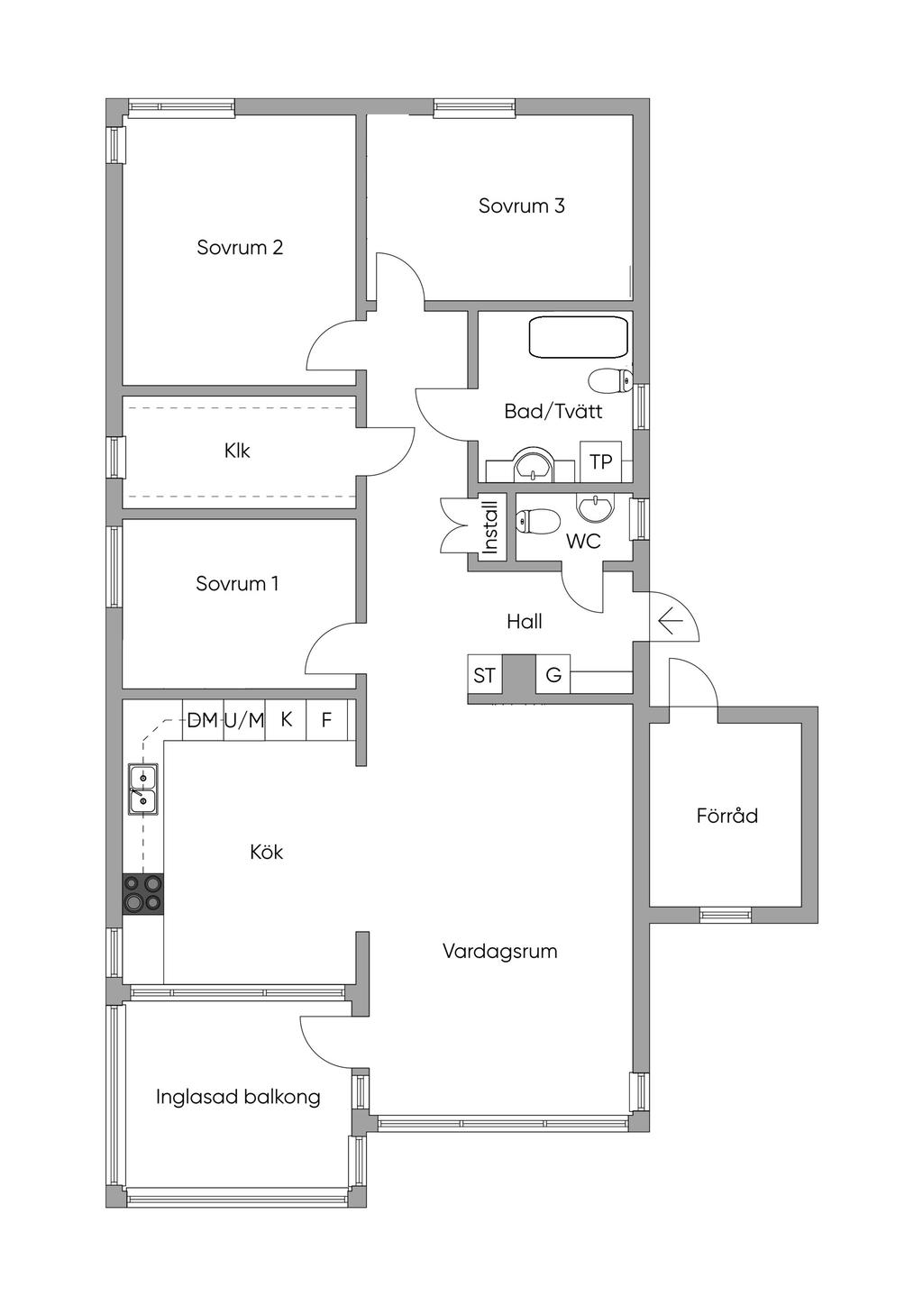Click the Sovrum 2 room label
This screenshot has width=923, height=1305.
(240, 247)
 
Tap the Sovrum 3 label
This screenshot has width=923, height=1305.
(521, 205)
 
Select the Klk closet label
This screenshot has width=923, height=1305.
(237, 451)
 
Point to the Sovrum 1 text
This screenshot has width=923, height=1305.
(237, 583)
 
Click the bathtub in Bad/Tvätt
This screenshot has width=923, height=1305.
(578, 338)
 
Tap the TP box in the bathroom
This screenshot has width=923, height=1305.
(600, 462)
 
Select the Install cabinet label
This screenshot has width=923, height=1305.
(490, 527)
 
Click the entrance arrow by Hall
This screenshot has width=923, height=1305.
(669, 621)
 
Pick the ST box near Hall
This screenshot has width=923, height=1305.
(485, 675)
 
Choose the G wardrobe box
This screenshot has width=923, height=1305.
(553, 675)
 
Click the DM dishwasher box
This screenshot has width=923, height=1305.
(202, 720)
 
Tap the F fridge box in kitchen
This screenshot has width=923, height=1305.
(326, 720)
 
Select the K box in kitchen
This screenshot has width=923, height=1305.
(286, 720)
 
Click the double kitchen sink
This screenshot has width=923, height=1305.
(143, 789)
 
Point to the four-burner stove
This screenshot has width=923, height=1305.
(143, 893)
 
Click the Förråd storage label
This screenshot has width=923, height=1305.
(727, 816)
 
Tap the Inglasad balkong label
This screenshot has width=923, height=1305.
(238, 1097)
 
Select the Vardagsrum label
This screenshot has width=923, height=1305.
(499, 951)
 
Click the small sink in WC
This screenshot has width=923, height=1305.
(593, 509)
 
